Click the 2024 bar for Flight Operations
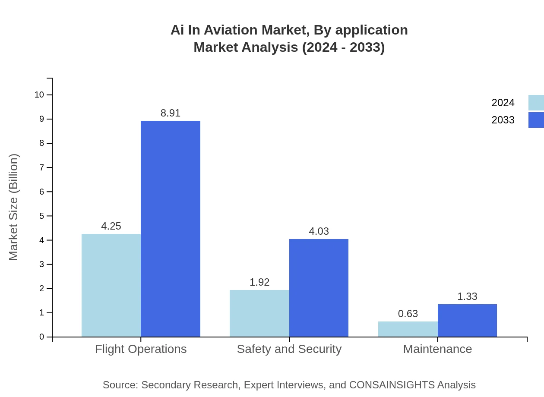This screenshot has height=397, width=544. pos(111,285)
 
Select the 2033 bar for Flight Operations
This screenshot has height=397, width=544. pos(171,229)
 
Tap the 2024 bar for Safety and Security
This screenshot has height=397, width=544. pos(259,313)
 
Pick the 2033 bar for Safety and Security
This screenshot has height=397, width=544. pos(319,288)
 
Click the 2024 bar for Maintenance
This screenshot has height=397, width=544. pos(408,329)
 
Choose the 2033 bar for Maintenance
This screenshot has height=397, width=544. pos(467,320)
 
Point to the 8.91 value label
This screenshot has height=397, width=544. pos(171,113)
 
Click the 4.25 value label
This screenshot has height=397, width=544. pos(111,226)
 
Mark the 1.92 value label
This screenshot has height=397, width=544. pos(259,282)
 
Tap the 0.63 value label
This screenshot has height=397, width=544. pos(408,314)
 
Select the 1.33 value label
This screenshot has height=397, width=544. pos(467,296)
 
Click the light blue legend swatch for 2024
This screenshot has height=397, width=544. pos(536,103)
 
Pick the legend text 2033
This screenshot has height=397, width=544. pos(503,120)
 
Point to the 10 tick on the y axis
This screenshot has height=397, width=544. pos(39,95)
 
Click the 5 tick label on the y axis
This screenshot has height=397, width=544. pos(42,216)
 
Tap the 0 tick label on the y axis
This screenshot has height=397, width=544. pos(42,337)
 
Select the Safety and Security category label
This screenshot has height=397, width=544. pos(289,349)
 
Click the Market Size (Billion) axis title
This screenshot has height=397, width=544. pos(13,207)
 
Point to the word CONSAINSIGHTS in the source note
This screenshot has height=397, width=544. pos(392,384)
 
